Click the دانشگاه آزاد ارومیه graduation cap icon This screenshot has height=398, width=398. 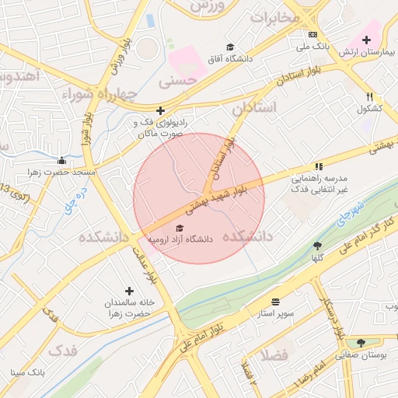coord(180,228)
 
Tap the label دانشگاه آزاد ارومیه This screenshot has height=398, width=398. coord(180,239)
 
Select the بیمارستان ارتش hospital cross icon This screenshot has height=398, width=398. coord(366,40)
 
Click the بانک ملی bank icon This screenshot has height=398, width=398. coord(312,35)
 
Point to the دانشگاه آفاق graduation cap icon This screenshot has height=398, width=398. coord(229,47)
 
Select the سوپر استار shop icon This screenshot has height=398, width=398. coord(275,301)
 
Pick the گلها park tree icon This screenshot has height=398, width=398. coord(317,245)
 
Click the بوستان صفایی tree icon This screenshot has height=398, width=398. coord(361,342)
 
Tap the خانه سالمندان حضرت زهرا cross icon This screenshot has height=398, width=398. coord(129,291)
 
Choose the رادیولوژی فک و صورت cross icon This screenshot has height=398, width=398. coord(160,111)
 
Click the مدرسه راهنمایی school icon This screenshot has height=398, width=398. coord(318,166)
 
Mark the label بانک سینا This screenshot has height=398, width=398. coord(28,372)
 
